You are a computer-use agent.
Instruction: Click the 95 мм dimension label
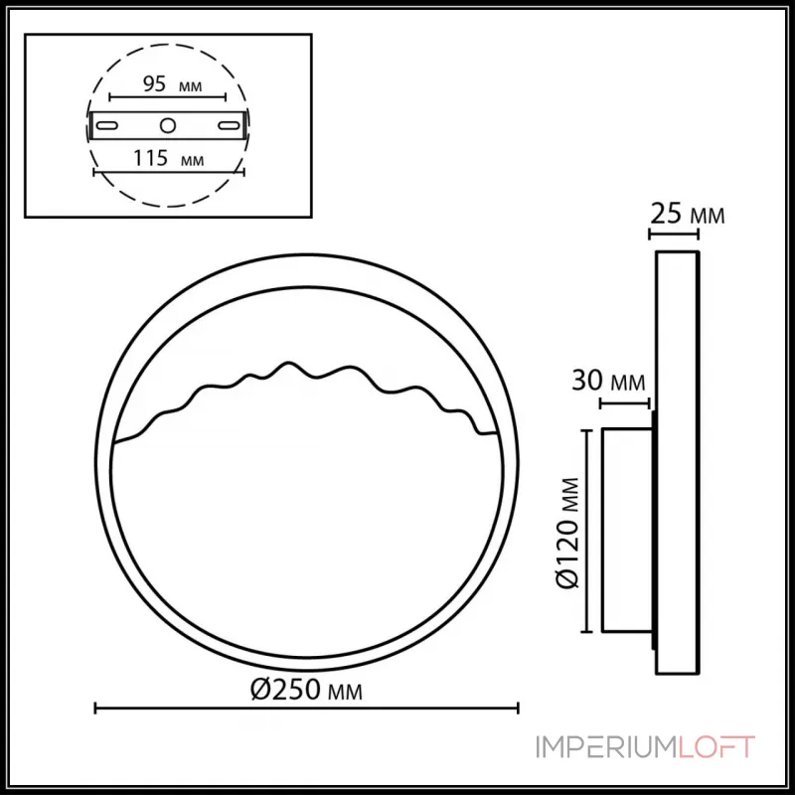166,84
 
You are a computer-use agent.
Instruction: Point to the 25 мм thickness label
687,213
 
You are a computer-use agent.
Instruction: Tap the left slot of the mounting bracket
109,125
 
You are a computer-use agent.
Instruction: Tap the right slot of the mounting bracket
229,125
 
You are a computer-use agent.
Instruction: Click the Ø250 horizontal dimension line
306,708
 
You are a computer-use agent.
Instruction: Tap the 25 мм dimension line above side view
674,235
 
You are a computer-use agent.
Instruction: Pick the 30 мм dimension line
626,403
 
